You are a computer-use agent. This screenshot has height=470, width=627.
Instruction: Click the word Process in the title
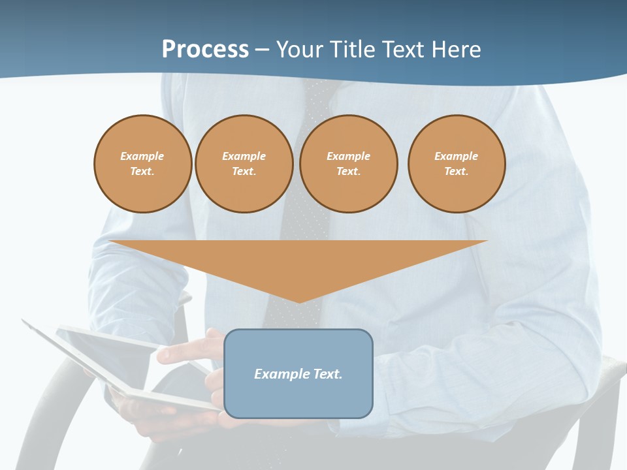click(x=205, y=50)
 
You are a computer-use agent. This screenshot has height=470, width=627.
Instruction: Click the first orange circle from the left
click(x=142, y=164)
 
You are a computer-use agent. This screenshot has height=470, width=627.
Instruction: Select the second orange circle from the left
click(x=244, y=164)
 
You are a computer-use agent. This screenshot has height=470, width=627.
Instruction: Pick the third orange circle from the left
click(x=348, y=164)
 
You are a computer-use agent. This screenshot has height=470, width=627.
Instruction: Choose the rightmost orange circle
click(x=456, y=164)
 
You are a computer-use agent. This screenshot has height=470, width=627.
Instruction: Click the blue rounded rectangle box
click(x=298, y=398)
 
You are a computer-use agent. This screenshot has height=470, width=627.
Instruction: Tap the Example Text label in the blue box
click(x=298, y=374)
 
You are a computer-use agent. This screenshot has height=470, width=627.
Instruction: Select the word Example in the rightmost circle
click(x=456, y=156)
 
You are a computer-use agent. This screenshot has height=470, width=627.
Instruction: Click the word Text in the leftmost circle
click(x=142, y=172)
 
